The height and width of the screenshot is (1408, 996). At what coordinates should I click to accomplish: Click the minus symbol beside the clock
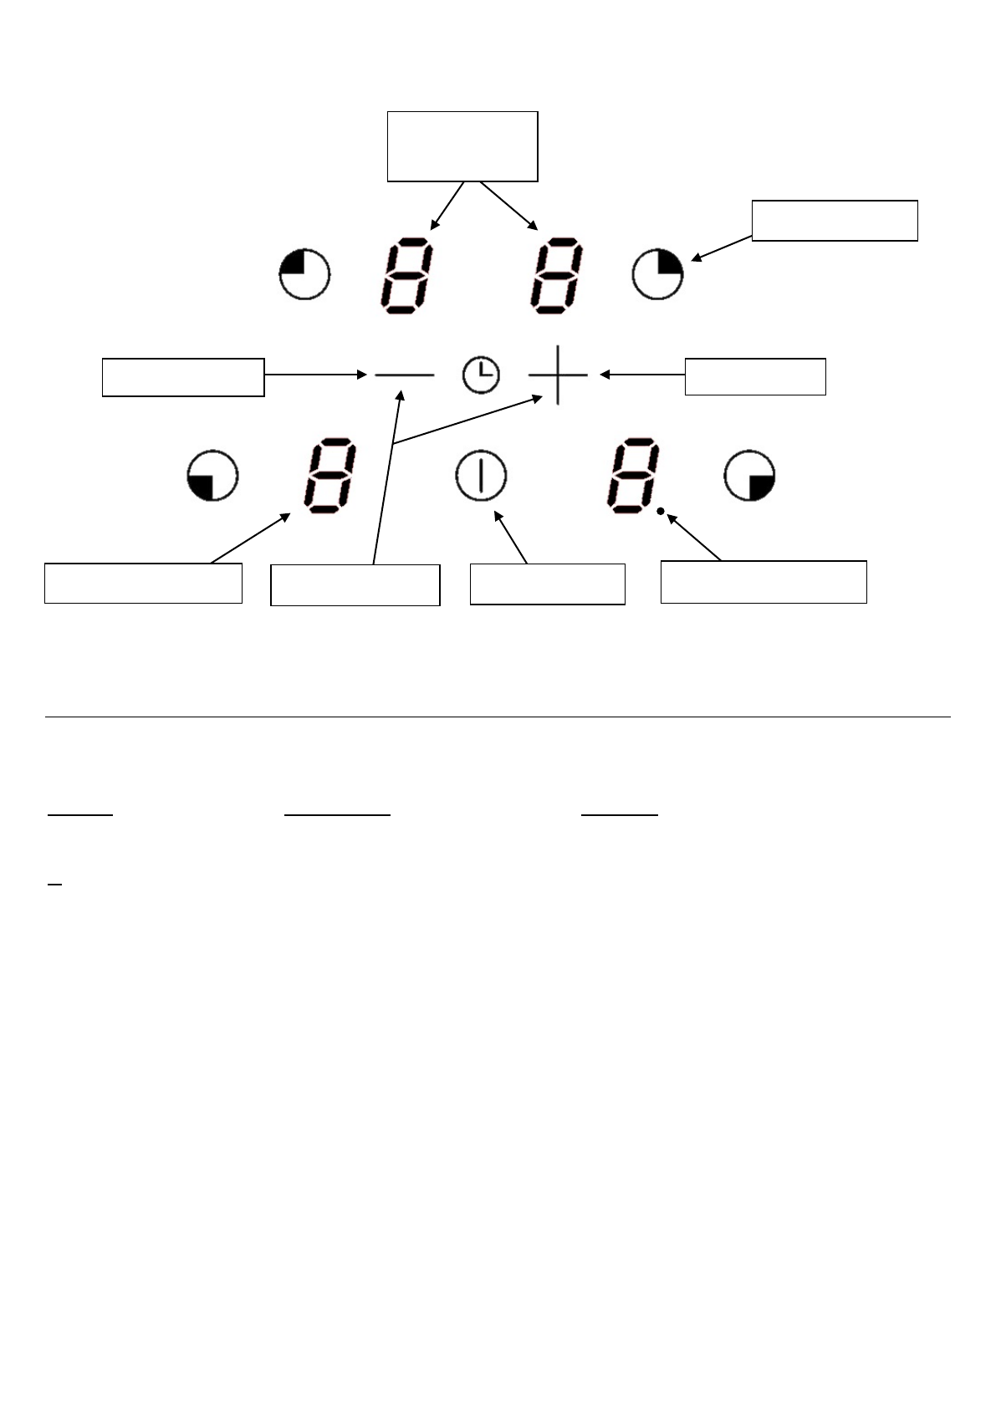405,376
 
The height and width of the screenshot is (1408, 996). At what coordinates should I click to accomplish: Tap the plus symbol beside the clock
558,375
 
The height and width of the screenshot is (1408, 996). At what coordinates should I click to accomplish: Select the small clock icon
481,375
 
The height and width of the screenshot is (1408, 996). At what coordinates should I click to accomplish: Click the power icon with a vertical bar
481,477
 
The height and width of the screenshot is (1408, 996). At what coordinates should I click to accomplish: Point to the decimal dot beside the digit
661,513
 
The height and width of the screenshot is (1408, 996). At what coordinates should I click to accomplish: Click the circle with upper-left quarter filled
304,273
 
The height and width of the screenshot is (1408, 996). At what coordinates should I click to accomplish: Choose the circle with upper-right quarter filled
657,273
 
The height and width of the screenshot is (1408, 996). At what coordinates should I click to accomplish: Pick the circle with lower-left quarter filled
212,477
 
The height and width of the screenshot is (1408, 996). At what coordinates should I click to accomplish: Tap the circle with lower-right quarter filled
750,477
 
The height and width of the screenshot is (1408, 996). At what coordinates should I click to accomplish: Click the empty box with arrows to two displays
462,146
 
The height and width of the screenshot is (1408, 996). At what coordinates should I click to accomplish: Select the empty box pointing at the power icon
547,584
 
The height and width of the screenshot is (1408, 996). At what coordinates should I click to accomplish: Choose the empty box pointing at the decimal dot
763,582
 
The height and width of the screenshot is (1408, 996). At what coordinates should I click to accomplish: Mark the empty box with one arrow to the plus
755,376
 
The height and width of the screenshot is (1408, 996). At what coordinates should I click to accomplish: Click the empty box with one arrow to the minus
183,377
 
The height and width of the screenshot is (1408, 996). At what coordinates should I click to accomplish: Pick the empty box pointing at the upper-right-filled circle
835,221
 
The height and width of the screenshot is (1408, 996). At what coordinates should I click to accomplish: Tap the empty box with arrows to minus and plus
355,584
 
